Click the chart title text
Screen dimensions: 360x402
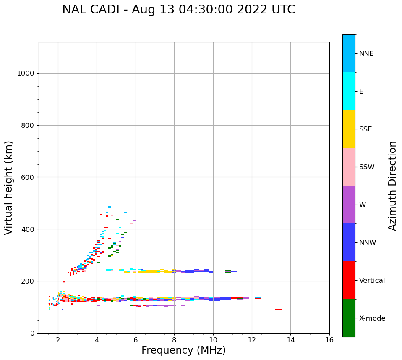click(x=178, y=10)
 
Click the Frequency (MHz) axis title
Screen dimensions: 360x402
click(x=183, y=350)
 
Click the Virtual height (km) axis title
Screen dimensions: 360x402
click(x=9, y=187)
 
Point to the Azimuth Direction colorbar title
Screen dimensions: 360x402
click(x=392, y=186)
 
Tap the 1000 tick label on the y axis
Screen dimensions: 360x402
click(x=25, y=74)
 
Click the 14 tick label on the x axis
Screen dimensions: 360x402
click(x=290, y=340)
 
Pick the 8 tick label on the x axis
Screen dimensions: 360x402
click(x=174, y=340)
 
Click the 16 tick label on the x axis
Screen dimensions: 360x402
click(x=329, y=340)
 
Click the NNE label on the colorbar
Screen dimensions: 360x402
click(x=366, y=54)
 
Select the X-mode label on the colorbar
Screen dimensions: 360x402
click(x=372, y=318)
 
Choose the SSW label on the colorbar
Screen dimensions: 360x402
click(x=366, y=167)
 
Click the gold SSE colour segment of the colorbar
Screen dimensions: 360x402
click(x=349, y=129)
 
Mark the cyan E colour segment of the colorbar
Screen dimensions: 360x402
click(x=349, y=91)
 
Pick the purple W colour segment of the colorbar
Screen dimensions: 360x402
click(x=349, y=205)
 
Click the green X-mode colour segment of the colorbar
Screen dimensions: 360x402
click(x=349, y=318)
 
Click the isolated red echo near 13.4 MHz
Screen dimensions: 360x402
click(x=278, y=310)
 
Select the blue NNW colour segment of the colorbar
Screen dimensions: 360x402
click(x=349, y=242)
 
